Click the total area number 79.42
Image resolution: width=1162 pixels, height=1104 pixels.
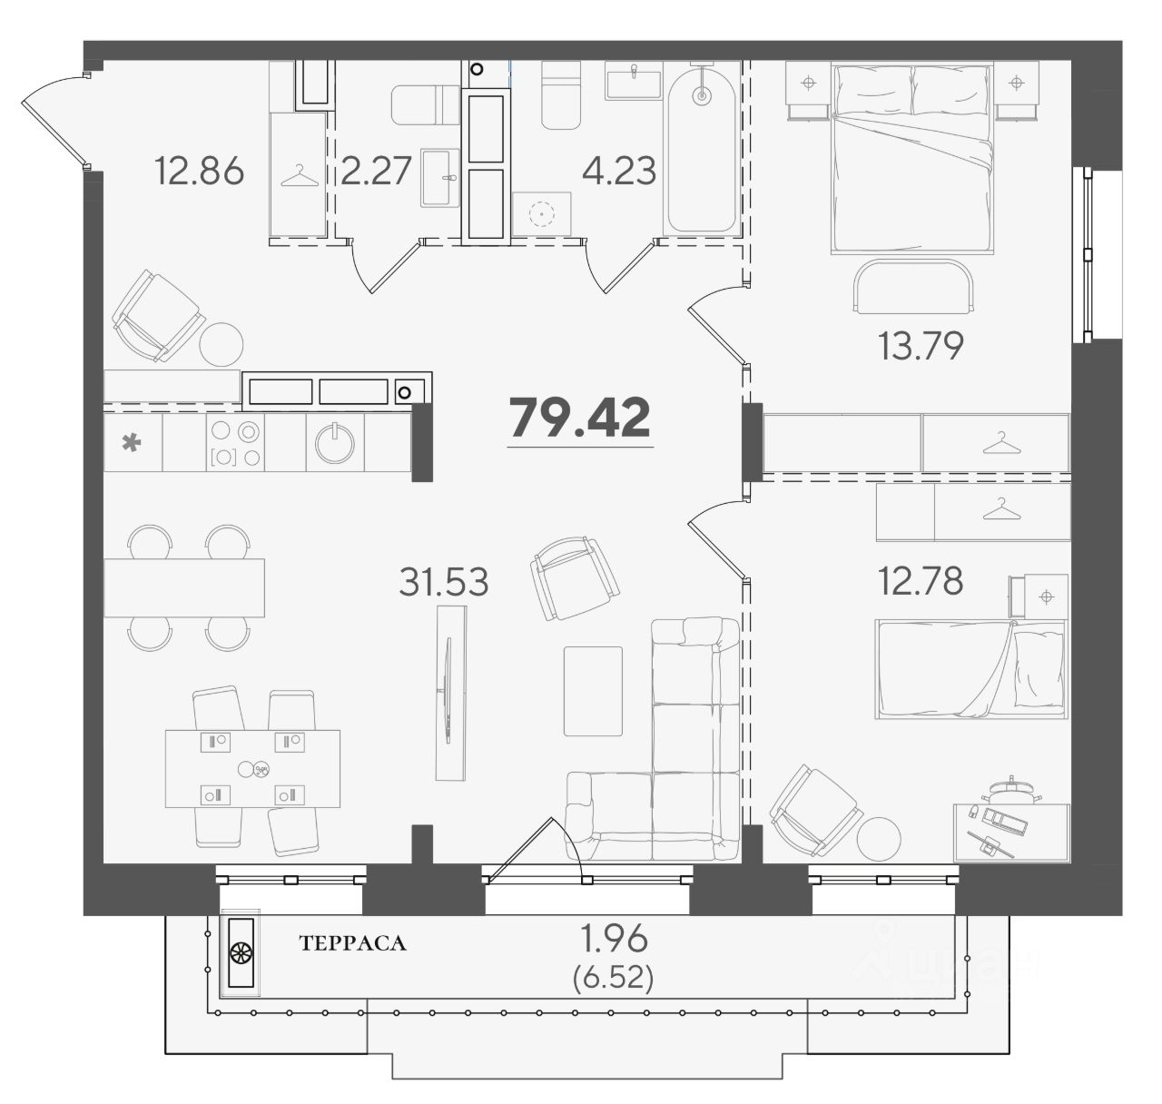click(x=579, y=418)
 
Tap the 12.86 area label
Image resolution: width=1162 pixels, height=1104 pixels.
click(x=199, y=171)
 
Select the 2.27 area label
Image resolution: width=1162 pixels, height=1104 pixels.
click(x=376, y=171)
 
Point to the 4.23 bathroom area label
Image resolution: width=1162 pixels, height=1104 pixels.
click(x=619, y=171)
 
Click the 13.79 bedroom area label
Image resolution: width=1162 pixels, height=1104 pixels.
click(x=921, y=346)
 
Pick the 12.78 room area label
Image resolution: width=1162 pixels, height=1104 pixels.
click(x=921, y=581)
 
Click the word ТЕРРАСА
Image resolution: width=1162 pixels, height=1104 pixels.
click(x=353, y=943)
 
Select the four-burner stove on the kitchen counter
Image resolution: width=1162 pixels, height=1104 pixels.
click(x=235, y=442)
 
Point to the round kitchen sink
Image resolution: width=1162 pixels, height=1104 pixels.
click(x=335, y=443)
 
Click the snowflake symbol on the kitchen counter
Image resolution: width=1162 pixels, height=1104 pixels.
click(x=132, y=443)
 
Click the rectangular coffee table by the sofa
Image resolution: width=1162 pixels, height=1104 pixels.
click(x=593, y=691)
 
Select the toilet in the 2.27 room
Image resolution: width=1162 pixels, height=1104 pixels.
click(x=426, y=104)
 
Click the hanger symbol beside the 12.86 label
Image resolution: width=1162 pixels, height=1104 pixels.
click(x=296, y=175)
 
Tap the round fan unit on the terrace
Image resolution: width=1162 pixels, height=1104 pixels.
click(x=241, y=970)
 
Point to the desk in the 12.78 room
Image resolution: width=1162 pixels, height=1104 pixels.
click(x=1011, y=832)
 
